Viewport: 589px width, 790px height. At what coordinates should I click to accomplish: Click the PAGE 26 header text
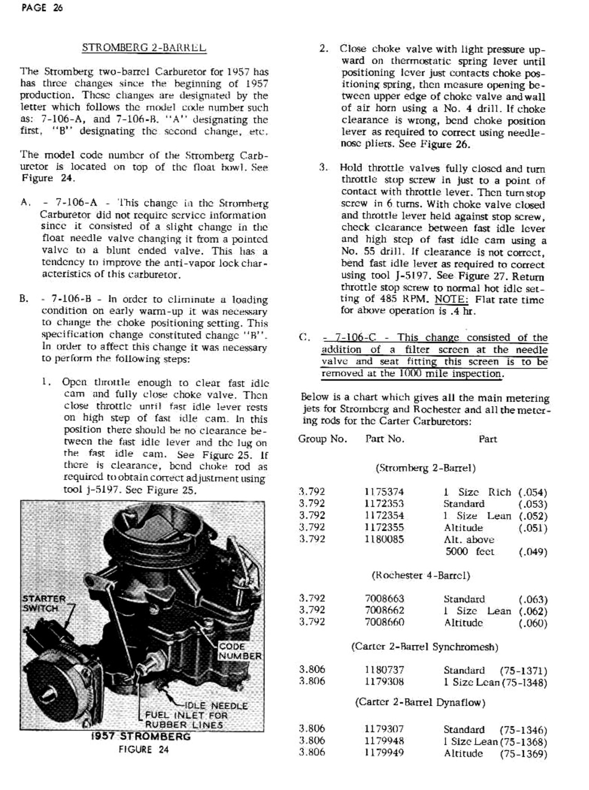[42, 8]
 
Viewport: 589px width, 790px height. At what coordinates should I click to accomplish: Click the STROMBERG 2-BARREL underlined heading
[144, 48]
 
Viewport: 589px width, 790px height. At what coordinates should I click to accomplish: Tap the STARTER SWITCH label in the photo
[44, 603]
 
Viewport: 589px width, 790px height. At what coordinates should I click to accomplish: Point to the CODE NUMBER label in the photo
[240, 651]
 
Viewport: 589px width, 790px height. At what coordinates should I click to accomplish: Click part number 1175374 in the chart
[384, 492]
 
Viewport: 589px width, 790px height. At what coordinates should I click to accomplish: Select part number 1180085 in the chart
[384, 539]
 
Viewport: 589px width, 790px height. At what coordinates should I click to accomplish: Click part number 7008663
[384, 599]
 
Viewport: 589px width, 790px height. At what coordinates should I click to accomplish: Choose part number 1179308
[384, 681]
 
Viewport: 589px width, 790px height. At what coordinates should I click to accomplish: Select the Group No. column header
[322, 439]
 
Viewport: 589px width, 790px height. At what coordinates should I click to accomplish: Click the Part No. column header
[384, 439]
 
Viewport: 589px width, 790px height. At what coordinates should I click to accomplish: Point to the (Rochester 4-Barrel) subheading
[421, 576]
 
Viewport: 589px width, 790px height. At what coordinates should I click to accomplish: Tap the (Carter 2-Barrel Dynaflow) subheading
[420, 702]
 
